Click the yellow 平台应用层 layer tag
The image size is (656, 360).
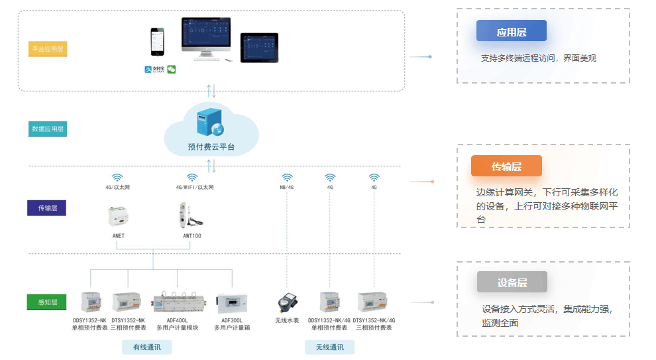48,49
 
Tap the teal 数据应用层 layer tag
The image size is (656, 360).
48,129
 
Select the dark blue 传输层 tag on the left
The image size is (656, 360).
46,208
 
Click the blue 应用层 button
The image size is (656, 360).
511,31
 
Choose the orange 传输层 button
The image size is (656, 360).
506,166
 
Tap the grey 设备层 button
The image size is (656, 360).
512,282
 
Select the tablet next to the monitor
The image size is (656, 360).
259,48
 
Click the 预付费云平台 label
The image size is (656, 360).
211,147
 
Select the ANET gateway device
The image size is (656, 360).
119,216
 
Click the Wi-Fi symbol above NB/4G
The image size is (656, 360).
287,178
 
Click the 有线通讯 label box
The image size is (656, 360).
146,347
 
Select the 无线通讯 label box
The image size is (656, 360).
329,347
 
